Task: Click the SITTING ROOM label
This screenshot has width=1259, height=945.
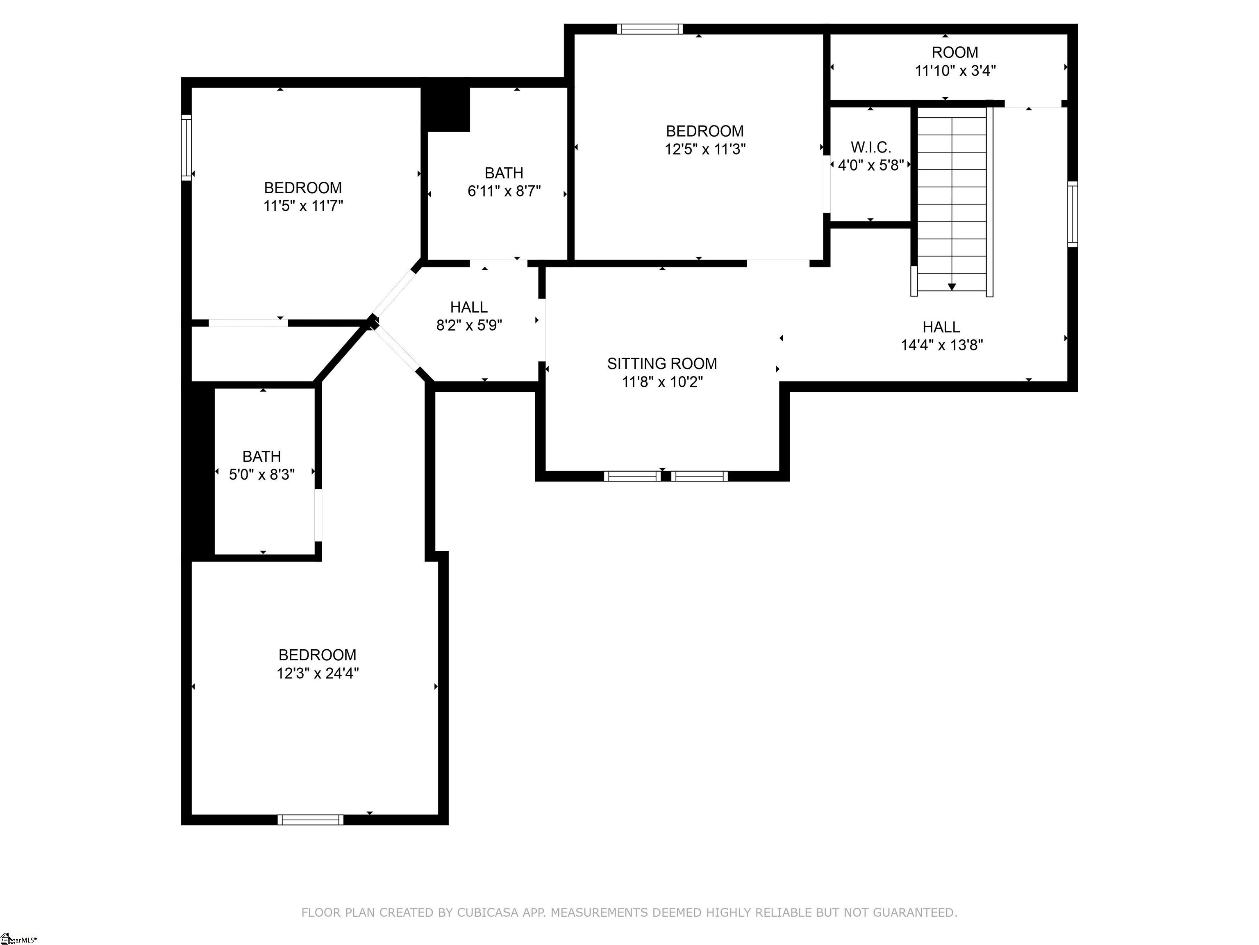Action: [662, 363]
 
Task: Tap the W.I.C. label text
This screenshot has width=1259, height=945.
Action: [871, 148]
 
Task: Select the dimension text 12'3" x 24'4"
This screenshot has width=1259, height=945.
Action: [318, 673]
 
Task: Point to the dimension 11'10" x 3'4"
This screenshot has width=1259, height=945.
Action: [955, 71]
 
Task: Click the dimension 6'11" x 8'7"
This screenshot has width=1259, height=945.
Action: [504, 191]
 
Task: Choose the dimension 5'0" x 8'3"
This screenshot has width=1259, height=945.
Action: [262, 475]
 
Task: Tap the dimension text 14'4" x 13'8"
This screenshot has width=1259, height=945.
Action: [942, 345]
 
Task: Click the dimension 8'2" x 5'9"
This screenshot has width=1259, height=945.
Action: [469, 325]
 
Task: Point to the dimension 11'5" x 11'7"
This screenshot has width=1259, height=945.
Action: [303, 205]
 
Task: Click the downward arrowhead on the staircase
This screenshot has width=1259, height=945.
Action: [952, 287]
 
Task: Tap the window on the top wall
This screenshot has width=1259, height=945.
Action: [650, 29]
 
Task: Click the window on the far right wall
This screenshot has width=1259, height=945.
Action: [1072, 214]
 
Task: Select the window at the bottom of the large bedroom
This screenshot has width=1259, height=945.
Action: [310, 819]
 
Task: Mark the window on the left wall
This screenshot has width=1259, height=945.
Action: [186, 148]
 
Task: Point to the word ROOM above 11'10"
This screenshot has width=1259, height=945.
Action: [955, 52]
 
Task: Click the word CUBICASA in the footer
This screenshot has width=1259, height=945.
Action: [488, 913]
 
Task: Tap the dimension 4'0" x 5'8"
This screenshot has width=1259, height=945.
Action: [871, 165]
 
